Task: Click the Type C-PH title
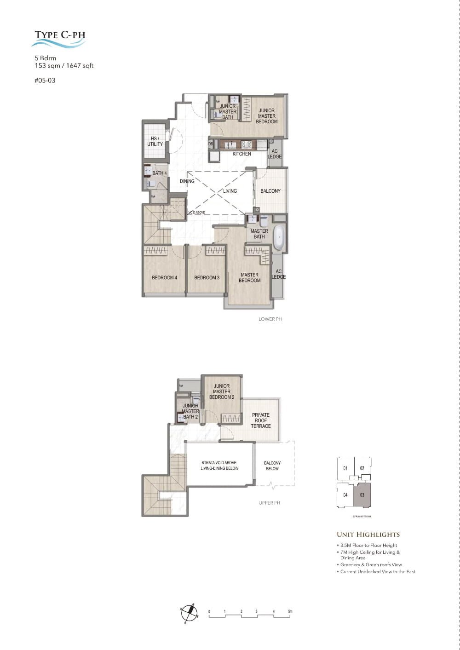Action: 60,35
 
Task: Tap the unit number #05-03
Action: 45,81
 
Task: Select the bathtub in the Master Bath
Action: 279,237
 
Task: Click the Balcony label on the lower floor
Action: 270,191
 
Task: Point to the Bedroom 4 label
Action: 164,278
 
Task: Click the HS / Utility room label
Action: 155,141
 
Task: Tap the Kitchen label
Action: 241,154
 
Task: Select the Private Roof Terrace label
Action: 261,420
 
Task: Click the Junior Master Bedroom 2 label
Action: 222,391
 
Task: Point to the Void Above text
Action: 197,213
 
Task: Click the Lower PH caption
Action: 270,319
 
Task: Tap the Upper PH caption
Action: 269,503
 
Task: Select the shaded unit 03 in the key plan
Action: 362,495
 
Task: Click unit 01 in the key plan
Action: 345,468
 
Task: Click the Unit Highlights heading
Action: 368,535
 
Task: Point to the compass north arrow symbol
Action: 189,611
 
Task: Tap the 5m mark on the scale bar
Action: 290,612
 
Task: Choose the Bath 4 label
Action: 160,173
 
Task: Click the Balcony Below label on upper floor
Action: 272,466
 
